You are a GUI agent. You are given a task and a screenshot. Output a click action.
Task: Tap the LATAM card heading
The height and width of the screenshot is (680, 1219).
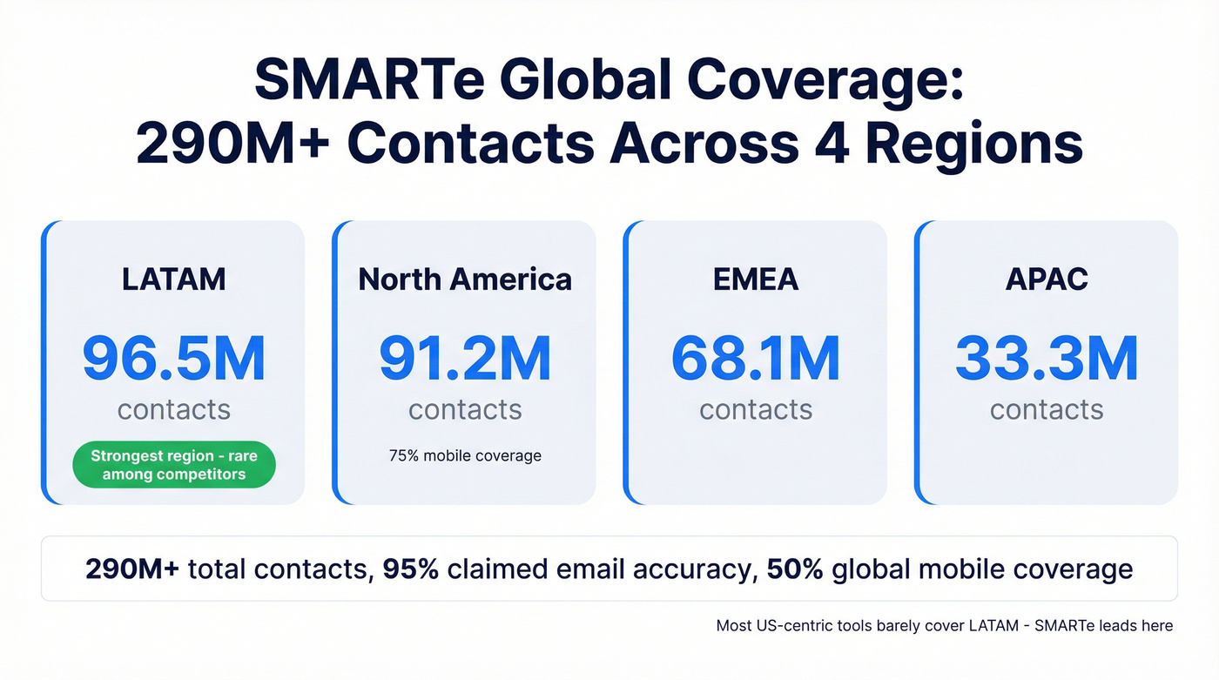click(174, 279)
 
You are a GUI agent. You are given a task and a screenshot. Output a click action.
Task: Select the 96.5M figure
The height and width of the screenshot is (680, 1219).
click(174, 359)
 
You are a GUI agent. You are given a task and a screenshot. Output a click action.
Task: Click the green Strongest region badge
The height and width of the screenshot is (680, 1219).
click(174, 465)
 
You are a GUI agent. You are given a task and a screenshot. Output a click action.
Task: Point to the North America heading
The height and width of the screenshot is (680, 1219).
click(465, 279)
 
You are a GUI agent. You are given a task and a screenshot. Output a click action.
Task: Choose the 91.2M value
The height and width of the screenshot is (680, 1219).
click(465, 359)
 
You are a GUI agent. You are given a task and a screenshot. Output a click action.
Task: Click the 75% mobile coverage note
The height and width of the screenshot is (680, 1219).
click(465, 455)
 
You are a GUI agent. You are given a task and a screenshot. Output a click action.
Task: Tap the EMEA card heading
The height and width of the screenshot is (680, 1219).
click(756, 279)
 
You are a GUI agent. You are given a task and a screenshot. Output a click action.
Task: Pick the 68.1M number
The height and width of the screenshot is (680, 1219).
click(756, 359)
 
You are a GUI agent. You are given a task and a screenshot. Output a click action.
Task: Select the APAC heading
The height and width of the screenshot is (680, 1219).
click(1047, 279)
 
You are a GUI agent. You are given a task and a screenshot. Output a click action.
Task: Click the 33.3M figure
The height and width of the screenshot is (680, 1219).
click(1047, 359)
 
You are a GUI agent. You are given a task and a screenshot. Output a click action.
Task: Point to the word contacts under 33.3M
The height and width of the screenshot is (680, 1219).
click(1047, 409)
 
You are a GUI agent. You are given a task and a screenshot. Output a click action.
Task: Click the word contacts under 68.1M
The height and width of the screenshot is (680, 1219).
click(756, 409)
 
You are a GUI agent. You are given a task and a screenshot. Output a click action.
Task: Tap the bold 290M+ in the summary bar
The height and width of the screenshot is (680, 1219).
click(133, 569)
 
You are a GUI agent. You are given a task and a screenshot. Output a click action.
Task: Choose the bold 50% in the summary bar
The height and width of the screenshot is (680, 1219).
click(795, 569)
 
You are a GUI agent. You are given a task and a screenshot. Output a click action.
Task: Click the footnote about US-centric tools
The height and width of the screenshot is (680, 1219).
click(944, 625)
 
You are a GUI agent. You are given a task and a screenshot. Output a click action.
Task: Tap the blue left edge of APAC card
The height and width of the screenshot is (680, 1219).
click(918, 362)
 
